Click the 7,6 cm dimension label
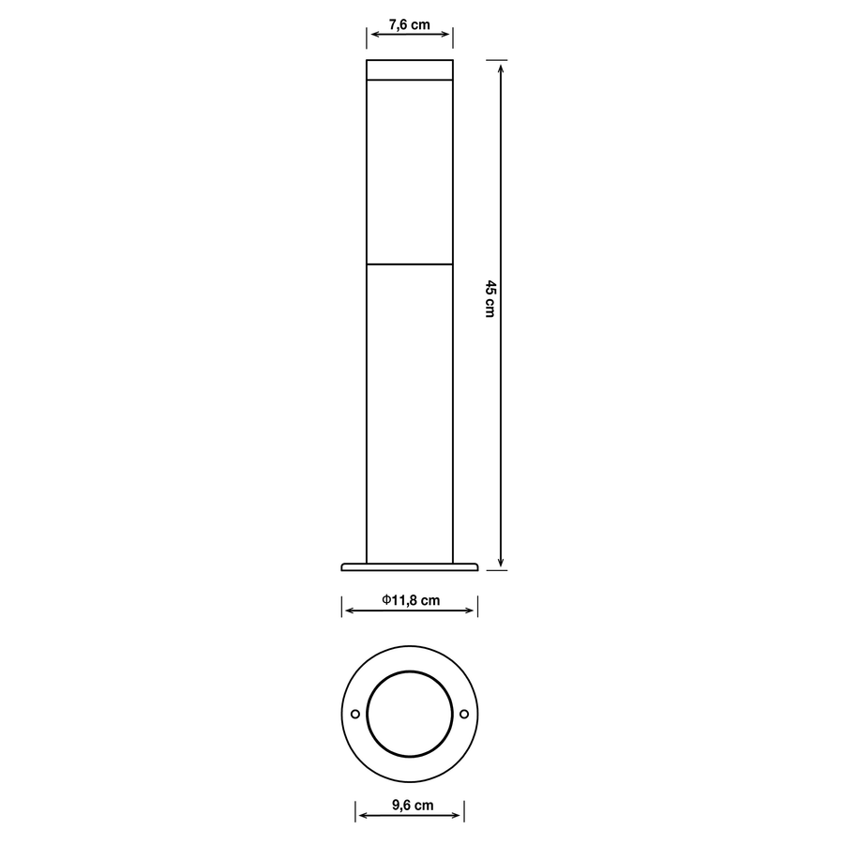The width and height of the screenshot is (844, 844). coord(409,25)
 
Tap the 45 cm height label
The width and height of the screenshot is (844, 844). coord(489,298)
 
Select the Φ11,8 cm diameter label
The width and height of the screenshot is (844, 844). coord(411,601)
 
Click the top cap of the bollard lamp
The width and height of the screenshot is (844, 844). coord(409,71)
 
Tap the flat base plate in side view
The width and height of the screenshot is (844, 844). coord(410,566)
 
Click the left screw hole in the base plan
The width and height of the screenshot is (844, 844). coord(355,715)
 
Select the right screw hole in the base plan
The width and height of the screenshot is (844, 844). coord(464,715)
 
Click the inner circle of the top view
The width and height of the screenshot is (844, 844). coord(410,715)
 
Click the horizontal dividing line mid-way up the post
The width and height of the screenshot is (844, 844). coord(409,264)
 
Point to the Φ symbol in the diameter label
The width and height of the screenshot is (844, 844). coord(386,601)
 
